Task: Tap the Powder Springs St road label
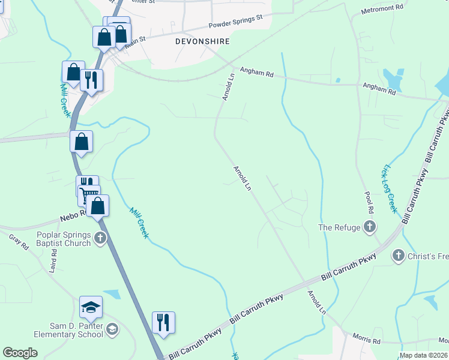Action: click(235, 22)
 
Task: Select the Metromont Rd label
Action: click(383, 9)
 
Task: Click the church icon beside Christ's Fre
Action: click(398, 256)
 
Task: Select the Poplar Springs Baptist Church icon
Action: click(100, 239)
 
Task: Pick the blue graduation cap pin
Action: click(91, 307)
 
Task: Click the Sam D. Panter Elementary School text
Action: click(76, 330)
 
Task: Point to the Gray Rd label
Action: click(19, 241)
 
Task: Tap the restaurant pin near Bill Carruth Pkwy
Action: click(163, 322)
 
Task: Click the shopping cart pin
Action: click(89, 193)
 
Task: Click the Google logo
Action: click(20, 353)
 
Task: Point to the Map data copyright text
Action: click(423, 355)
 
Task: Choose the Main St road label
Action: click(136, 40)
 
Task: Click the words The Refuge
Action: click(339, 227)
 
